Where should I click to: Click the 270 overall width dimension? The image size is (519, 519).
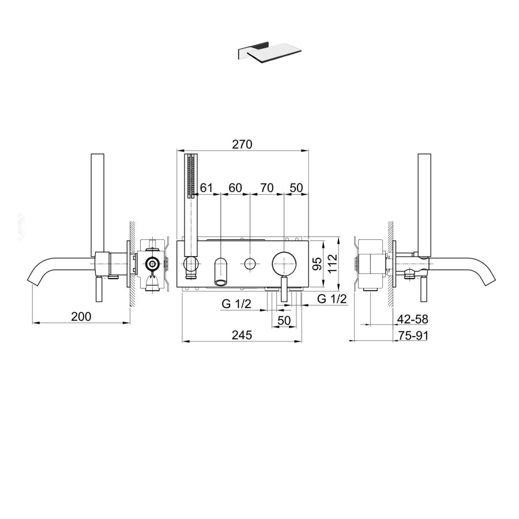click(x=242, y=144)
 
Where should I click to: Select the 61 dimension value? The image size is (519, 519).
click(x=206, y=187)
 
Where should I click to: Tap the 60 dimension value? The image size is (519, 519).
click(x=235, y=187)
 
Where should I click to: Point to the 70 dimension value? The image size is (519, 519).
click(x=267, y=187)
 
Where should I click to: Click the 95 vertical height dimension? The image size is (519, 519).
click(x=317, y=264)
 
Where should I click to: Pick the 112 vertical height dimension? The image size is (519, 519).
click(x=332, y=263)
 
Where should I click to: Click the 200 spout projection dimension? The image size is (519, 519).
click(x=81, y=317)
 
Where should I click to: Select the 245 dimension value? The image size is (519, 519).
click(x=242, y=335)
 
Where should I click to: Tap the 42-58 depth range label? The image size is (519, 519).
click(x=412, y=319)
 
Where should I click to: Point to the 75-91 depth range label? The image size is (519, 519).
click(x=413, y=336)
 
